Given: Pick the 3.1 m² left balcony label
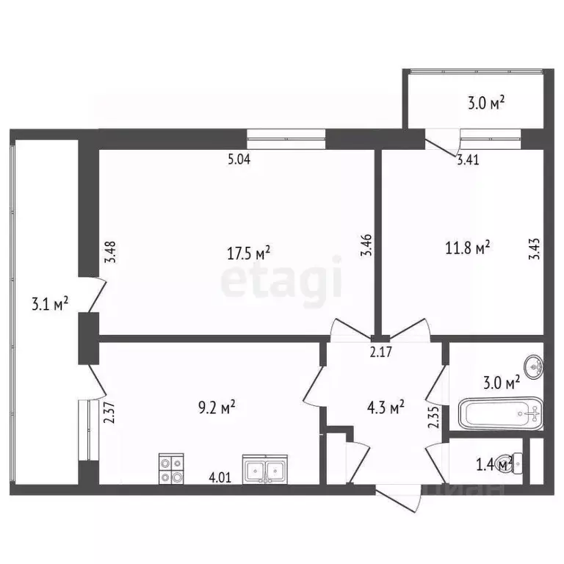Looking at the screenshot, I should [51, 303].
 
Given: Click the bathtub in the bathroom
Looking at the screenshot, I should [500, 414].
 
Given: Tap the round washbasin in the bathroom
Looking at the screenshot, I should [532, 364].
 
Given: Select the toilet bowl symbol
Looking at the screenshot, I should [518, 463].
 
